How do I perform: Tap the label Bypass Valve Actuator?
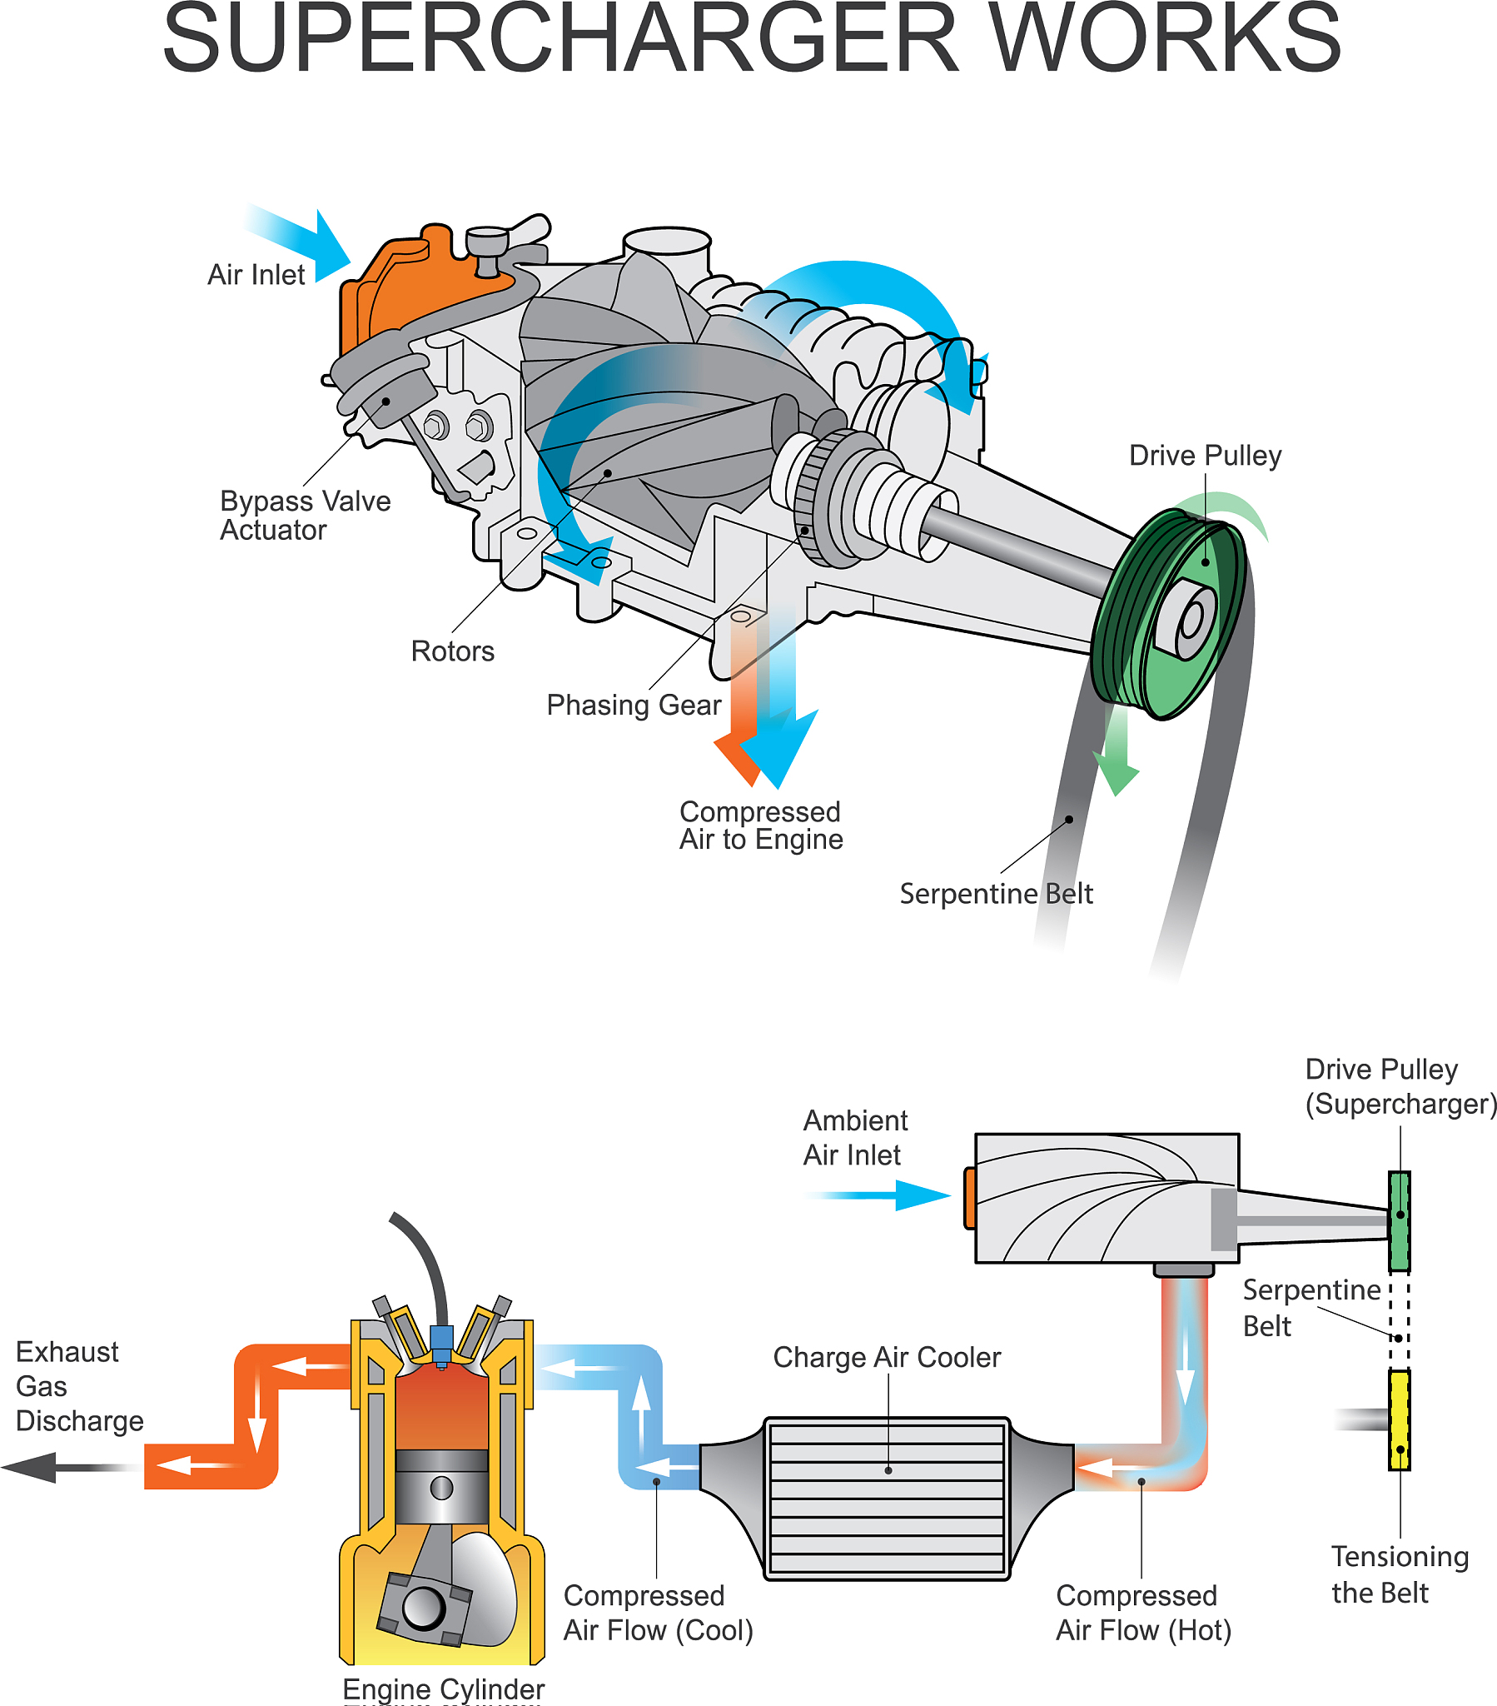tap(305, 515)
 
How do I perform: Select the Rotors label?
tap(452, 651)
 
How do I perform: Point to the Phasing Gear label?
tap(634, 706)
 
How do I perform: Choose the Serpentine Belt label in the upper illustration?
tap(996, 894)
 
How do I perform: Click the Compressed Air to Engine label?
tap(760, 826)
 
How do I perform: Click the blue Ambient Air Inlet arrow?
tap(893, 1195)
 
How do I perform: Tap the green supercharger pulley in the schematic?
tap(1400, 1221)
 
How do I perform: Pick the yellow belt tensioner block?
tap(1400, 1419)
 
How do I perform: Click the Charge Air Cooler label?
tap(886, 1358)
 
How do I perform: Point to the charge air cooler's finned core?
tap(886, 1499)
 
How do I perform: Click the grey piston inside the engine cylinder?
tap(441, 1485)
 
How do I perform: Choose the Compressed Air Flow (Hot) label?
tap(1142, 1613)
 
